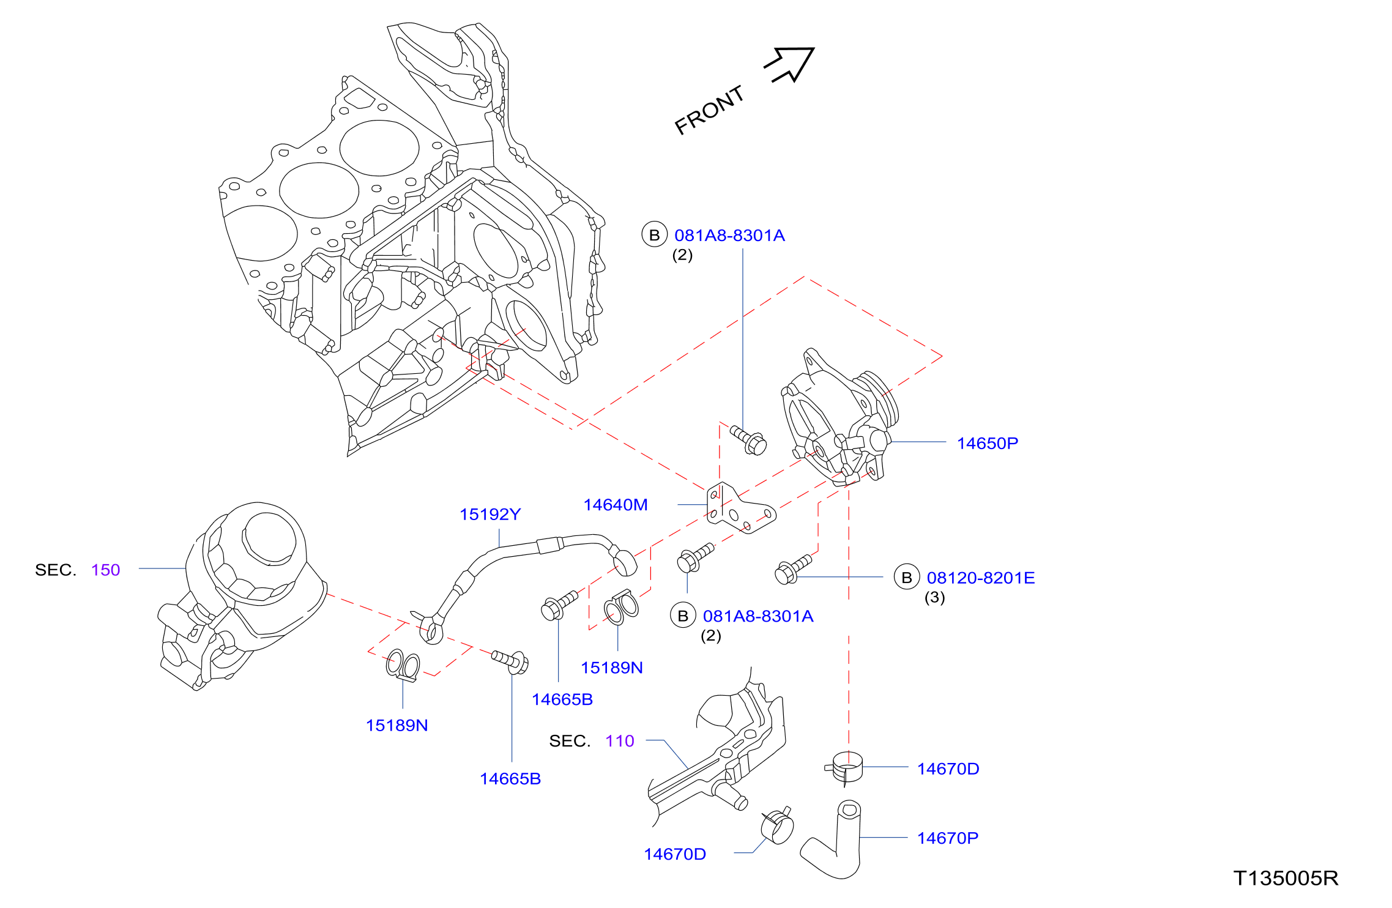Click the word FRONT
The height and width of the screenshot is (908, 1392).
[x=709, y=110]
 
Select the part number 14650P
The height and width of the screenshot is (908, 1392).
[x=988, y=443]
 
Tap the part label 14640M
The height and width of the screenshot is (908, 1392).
[x=616, y=505]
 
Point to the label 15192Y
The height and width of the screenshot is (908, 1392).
[x=490, y=515]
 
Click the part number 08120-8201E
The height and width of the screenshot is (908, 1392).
[x=981, y=578]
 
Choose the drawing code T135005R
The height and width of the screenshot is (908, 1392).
[x=1286, y=878]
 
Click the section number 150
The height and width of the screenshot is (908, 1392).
[x=106, y=570]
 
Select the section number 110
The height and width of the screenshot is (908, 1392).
[x=620, y=741]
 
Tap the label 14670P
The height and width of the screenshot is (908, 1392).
[x=948, y=838]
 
